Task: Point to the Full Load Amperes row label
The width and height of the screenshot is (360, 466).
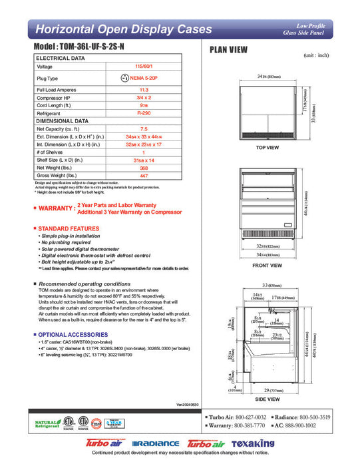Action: tap(61, 89)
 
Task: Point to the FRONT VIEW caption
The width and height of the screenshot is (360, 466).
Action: tap(266, 265)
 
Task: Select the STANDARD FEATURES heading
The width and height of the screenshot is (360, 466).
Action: tap(66, 229)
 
